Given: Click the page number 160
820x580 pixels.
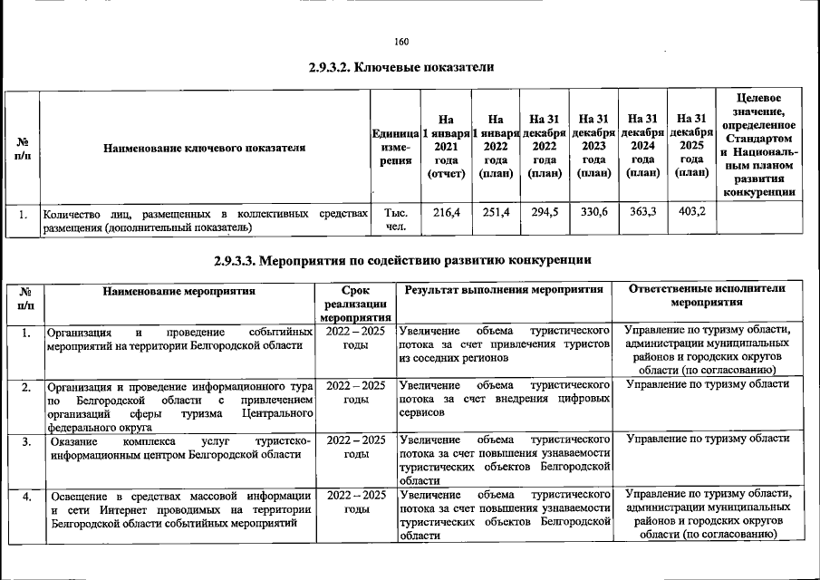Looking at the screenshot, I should coord(402,42).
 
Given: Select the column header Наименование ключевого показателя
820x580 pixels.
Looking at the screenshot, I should coord(204,145).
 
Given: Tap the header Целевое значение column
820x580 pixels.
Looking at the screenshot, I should coord(761,144).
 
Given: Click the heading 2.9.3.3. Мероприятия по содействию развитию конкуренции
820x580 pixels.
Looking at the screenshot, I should coord(404,261).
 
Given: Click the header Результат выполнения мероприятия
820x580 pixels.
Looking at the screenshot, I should coord(504,290).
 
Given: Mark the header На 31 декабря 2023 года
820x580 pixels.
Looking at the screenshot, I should coord(593,145).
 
